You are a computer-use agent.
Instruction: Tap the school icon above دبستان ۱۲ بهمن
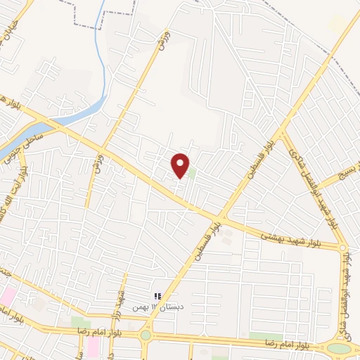[x=158, y=296]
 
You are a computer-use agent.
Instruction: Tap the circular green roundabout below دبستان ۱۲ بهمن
[x=146, y=335]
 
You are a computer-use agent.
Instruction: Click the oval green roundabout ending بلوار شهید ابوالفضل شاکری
[x=339, y=348]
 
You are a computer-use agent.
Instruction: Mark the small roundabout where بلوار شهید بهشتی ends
[x=343, y=248]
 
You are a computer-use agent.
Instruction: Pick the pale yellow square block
[x=338, y=23]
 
